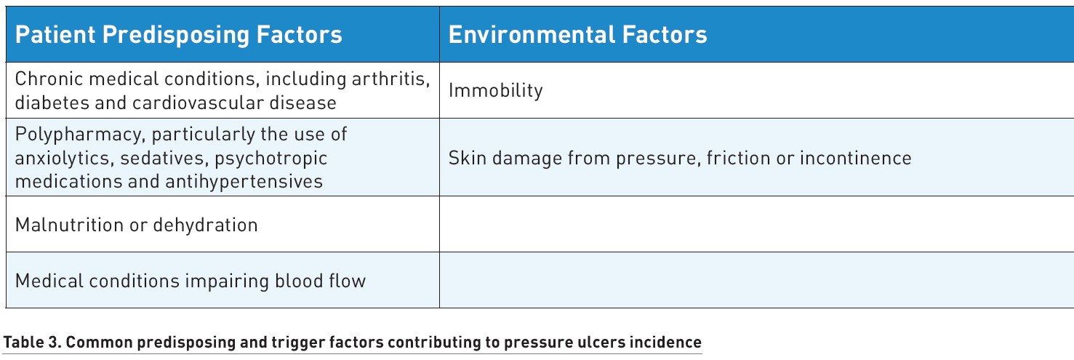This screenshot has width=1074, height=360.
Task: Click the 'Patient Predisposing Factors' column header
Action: click(178, 35)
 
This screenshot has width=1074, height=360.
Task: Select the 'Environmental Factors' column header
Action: click(578, 34)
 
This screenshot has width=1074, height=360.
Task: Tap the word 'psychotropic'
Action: click(271, 159)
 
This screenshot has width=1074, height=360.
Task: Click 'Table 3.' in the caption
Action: click(32, 343)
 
